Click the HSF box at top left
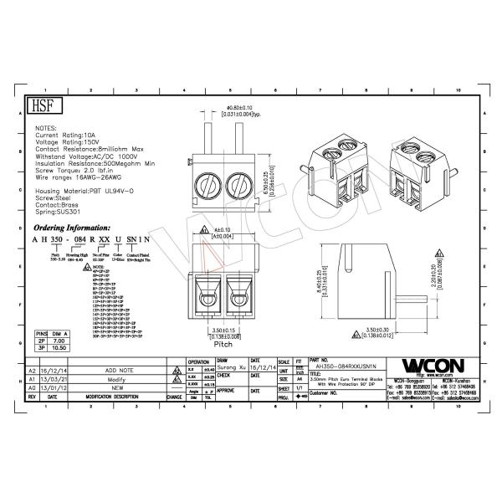41,106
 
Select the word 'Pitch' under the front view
223,344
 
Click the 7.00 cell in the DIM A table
59,341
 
